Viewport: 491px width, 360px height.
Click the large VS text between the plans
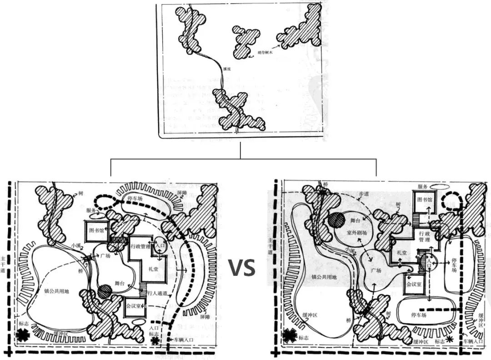pos(241,268)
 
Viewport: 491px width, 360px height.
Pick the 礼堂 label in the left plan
pos(152,269)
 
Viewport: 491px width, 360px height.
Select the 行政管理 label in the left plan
pos(140,246)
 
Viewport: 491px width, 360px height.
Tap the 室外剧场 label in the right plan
pos(357,233)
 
